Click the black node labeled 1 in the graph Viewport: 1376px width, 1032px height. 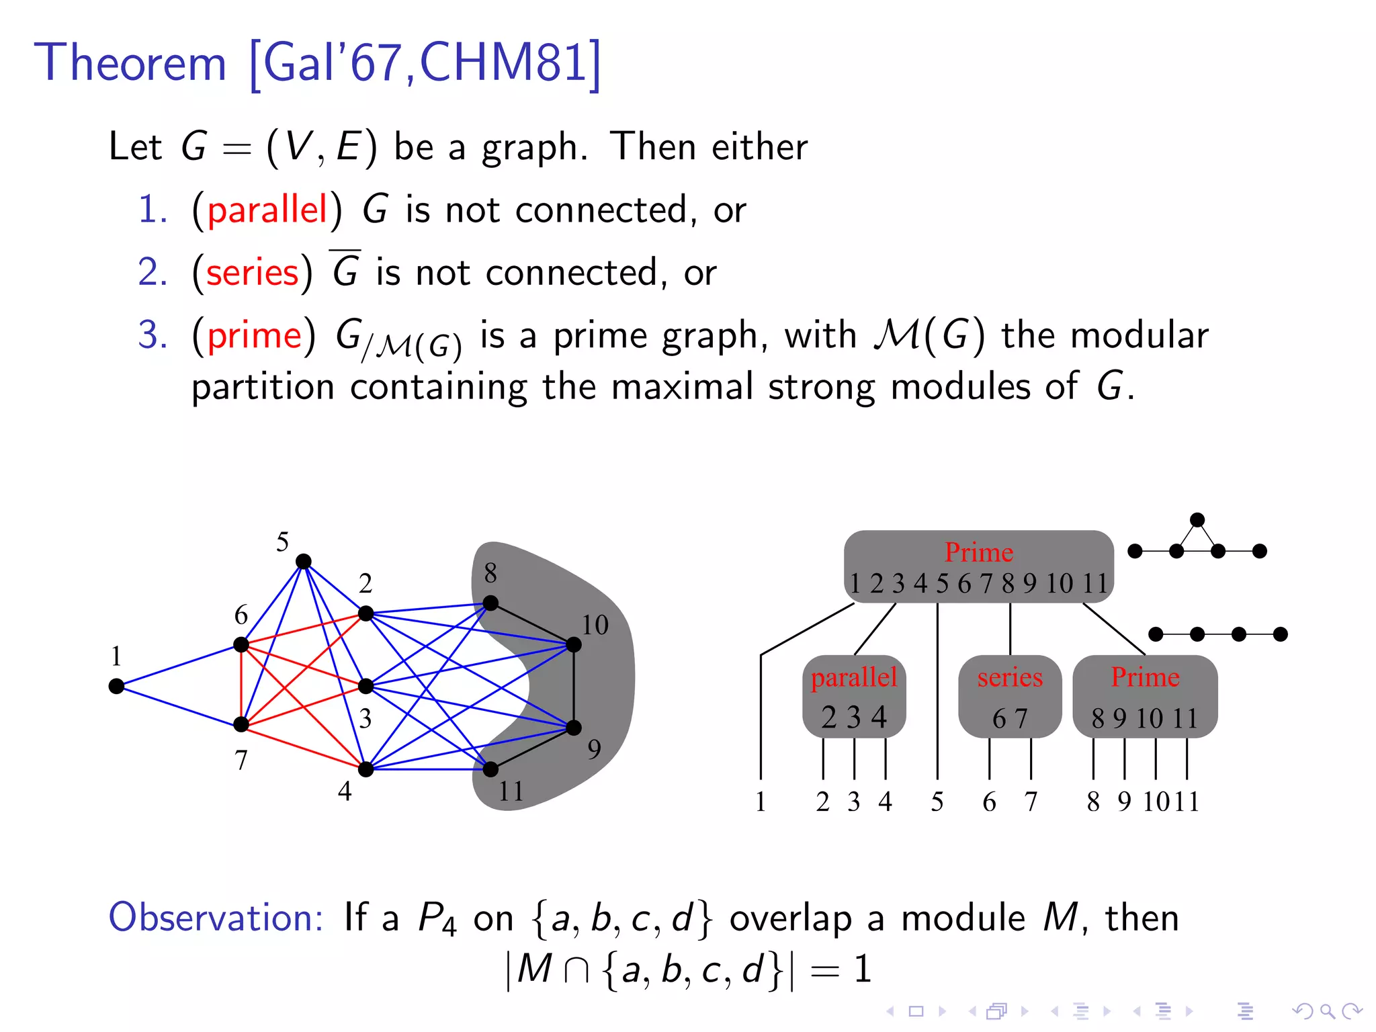(x=116, y=686)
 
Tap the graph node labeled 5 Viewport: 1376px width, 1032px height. (x=304, y=561)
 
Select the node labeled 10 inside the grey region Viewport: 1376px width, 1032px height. (x=574, y=645)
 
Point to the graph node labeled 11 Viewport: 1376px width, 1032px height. (x=491, y=769)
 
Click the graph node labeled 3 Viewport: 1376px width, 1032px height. (x=365, y=686)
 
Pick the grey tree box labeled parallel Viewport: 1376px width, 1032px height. (x=854, y=696)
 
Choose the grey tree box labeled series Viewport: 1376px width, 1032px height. (x=1010, y=696)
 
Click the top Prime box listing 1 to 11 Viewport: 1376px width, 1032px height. (x=978, y=566)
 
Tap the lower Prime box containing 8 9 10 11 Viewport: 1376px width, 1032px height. (x=1145, y=696)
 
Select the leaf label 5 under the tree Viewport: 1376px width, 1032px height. (x=937, y=802)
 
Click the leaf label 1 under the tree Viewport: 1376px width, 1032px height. (x=761, y=802)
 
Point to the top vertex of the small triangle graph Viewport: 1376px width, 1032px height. (x=1197, y=520)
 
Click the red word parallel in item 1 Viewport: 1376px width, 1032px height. (x=267, y=210)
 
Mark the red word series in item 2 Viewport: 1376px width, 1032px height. (x=252, y=273)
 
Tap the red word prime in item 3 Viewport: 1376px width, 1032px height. (x=254, y=335)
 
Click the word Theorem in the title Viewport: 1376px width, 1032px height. (x=130, y=62)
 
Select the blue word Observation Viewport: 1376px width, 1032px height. (x=216, y=917)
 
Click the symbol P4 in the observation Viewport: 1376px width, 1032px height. (x=437, y=918)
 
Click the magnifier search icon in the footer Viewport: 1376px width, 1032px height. (x=1326, y=1011)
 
